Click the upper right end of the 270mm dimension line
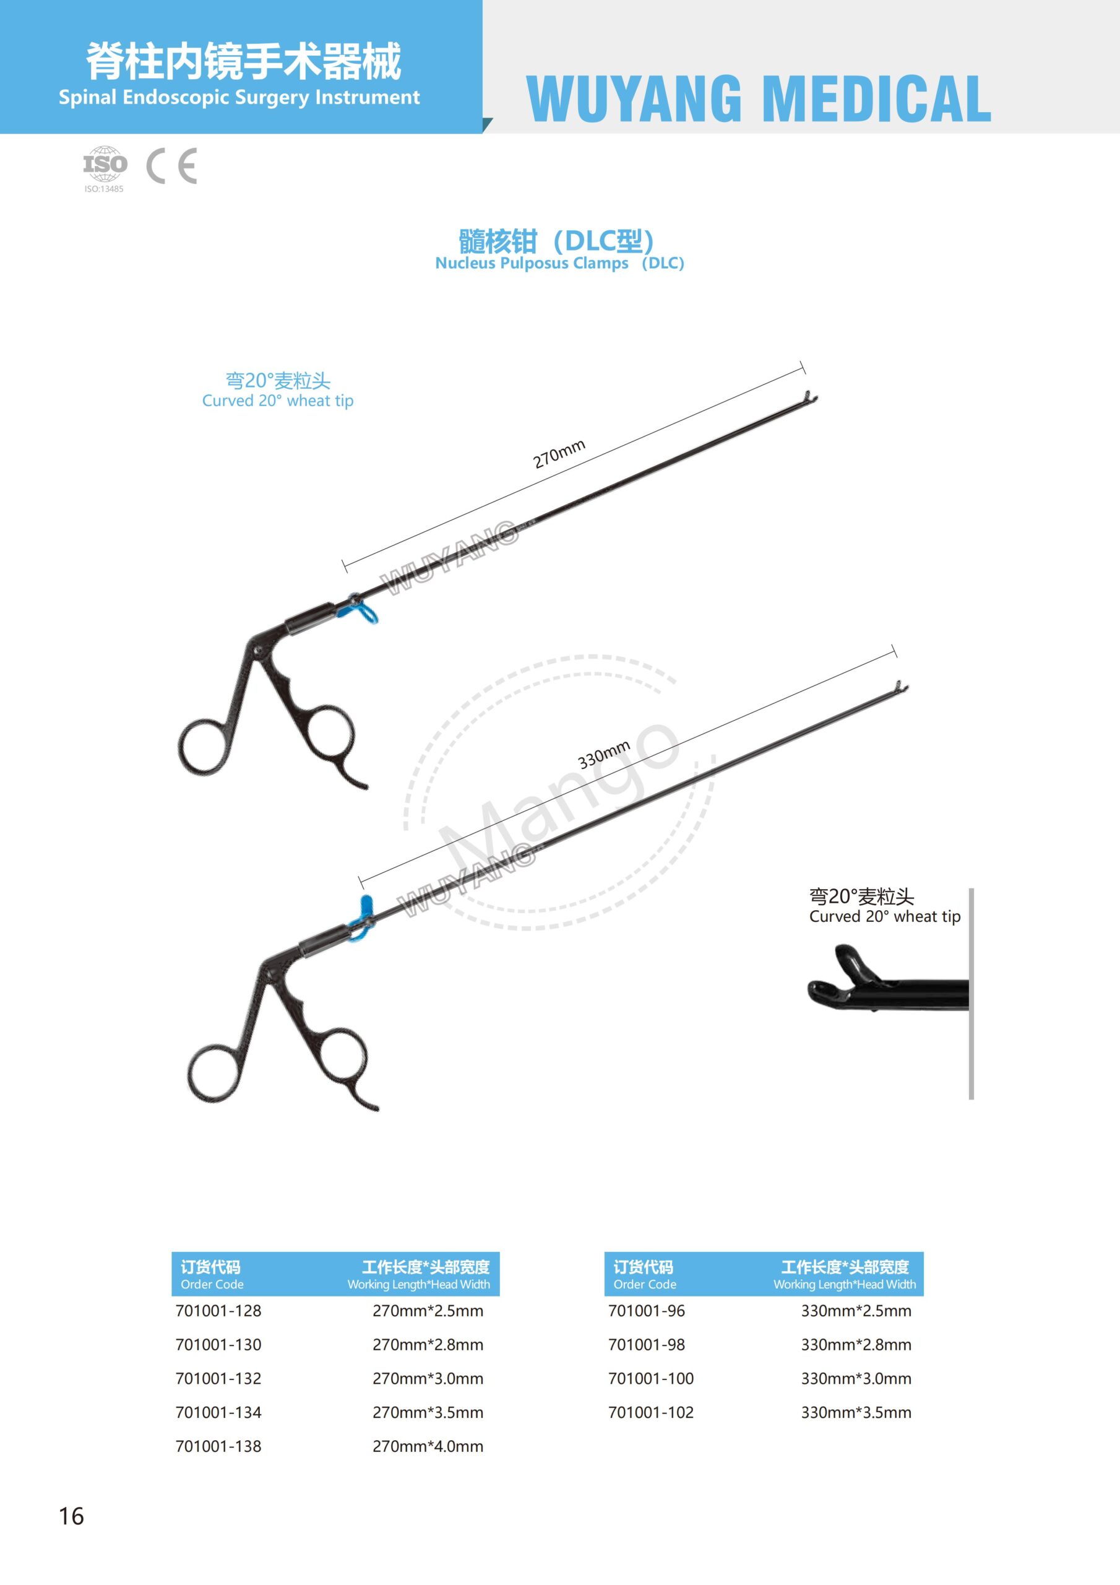(x=803, y=367)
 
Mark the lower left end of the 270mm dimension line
(x=344, y=565)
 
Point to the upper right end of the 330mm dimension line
(x=894, y=652)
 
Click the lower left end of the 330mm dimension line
(x=361, y=882)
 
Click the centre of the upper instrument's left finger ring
(x=202, y=748)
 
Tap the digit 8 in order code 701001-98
(x=681, y=1344)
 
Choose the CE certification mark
(x=172, y=166)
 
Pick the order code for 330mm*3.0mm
(x=651, y=1378)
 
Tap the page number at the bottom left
(x=71, y=1516)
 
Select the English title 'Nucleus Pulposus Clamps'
(x=532, y=263)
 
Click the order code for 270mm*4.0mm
(x=218, y=1446)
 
